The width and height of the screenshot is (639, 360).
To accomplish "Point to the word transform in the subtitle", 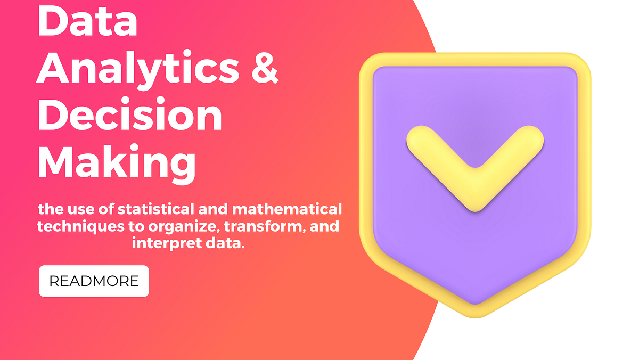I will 258,227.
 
